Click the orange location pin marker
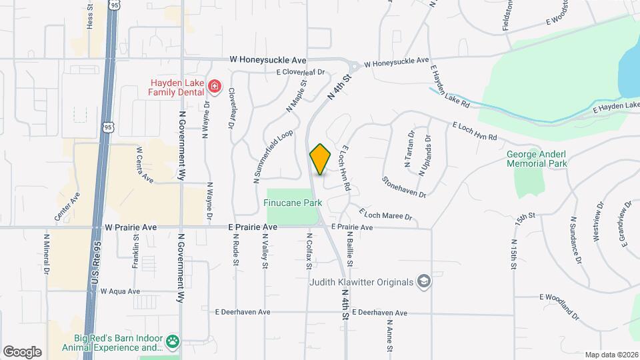(320, 159)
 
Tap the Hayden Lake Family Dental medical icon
(214, 85)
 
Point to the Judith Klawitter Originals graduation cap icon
(423, 281)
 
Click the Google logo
(22, 351)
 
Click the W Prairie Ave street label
(131, 227)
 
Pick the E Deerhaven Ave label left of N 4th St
(242, 312)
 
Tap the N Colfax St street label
(309, 251)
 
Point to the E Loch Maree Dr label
(386, 215)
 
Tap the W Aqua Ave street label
(120, 291)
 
